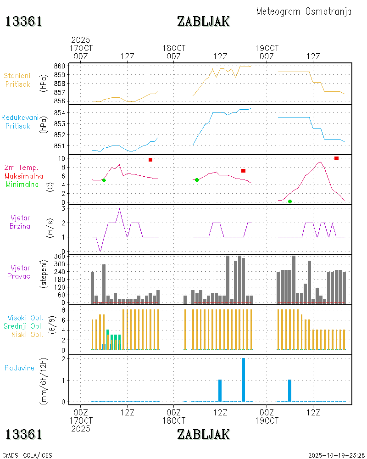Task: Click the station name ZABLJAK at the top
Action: pyautogui.click(x=203, y=21)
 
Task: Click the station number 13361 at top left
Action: pyautogui.click(x=24, y=21)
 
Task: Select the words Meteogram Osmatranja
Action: pyautogui.click(x=304, y=11)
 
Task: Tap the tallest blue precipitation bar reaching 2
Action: pyautogui.click(x=243, y=380)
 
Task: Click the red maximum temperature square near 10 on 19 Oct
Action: pyautogui.click(x=336, y=158)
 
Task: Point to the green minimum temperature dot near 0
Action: pyautogui.click(x=289, y=202)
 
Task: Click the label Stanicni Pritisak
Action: pyautogui.click(x=17, y=80)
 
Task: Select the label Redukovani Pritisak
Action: pyautogui.click(x=20, y=122)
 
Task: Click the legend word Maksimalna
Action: pyautogui.click(x=24, y=176)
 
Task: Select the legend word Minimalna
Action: pyautogui.click(x=22, y=184)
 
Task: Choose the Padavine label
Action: pyautogui.click(x=19, y=368)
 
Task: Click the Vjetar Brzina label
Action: pyautogui.click(x=21, y=222)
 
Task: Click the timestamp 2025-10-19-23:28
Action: pyautogui.click(x=337, y=455)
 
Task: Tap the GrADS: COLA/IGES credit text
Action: pyautogui.click(x=27, y=455)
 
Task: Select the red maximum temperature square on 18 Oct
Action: pyautogui.click(x=243, y=171)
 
